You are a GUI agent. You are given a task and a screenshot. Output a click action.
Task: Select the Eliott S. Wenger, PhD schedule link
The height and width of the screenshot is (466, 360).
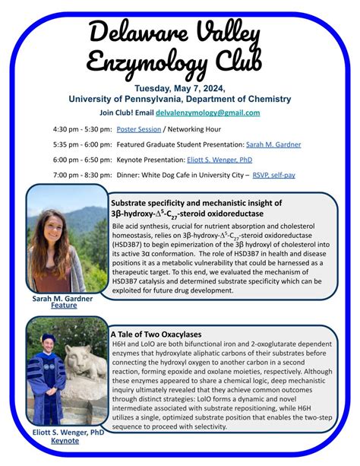[221, 160]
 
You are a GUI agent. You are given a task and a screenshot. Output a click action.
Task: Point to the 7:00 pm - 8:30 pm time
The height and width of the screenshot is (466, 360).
[82, 175]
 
